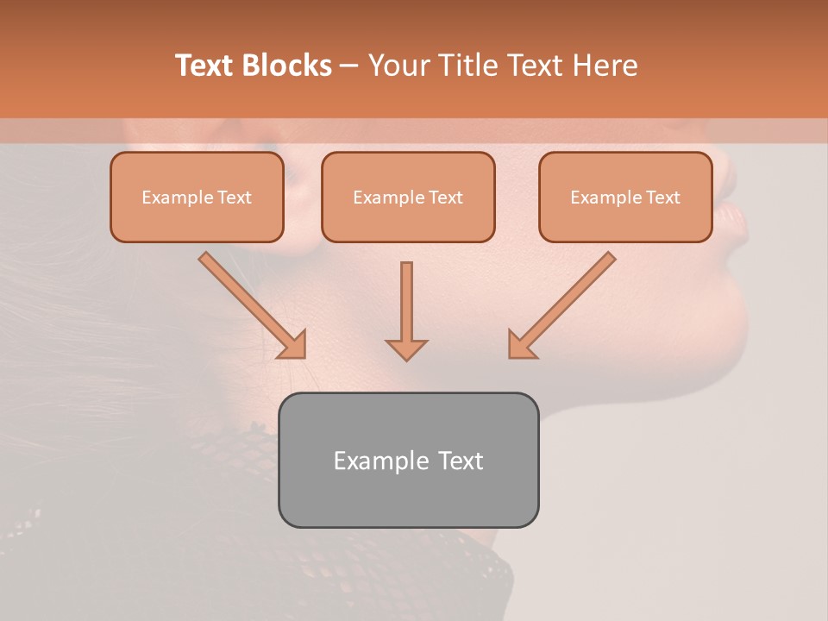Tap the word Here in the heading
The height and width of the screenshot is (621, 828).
[x=605, y=66]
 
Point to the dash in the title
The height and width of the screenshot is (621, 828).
[x=349, y=66]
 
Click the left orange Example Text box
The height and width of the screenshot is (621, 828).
[x=197, y=198]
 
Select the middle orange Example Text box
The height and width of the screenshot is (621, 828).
[x=408, y=198]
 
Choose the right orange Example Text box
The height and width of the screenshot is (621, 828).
[x=625, y=198]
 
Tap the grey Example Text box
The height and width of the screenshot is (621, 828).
[x=408, y=460]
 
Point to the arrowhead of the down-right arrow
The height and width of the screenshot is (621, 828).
[x=293, y=345]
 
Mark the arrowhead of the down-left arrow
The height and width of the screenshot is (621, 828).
[x=521, y=345]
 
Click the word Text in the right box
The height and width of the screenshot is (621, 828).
[x=663, y=198]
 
